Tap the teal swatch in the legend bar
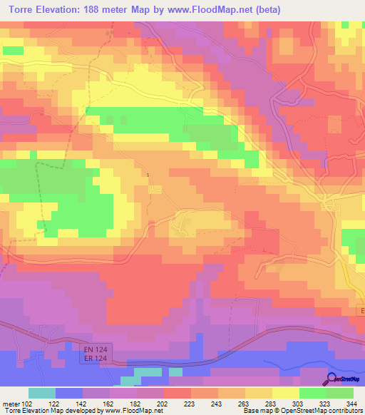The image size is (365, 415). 41,393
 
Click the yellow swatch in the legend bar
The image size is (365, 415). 285,393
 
